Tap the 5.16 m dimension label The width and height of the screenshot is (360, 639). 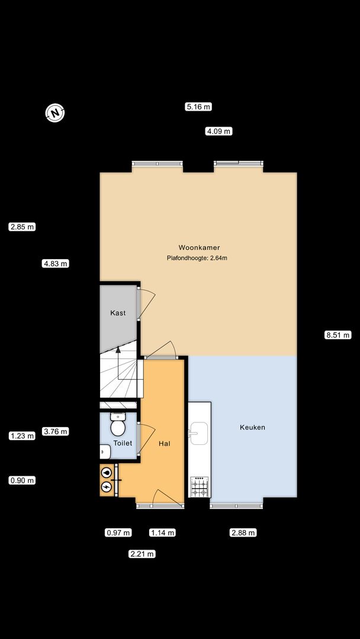point(198,107)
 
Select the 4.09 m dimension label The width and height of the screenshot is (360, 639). point(219,131)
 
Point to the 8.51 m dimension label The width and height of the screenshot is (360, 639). point(338,335)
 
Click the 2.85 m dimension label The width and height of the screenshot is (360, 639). point(22,227)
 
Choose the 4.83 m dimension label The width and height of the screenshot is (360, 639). point(56,264)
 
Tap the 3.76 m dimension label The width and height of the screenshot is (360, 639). point(56,431)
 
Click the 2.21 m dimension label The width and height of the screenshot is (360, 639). point(142,554)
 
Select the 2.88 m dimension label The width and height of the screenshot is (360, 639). point(243,532)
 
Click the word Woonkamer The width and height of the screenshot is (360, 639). point(200,247)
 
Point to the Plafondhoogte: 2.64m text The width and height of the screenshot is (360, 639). point(197,258)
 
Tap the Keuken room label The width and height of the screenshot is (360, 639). point(252,428)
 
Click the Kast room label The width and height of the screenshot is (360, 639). point(118,313)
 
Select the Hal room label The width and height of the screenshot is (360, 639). point(164,443)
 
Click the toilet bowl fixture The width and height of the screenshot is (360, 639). point(118,425)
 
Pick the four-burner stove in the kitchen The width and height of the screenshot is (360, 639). point(200,486)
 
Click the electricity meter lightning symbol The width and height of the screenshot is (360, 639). point(107,486)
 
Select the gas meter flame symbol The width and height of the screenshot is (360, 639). point(107,473)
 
